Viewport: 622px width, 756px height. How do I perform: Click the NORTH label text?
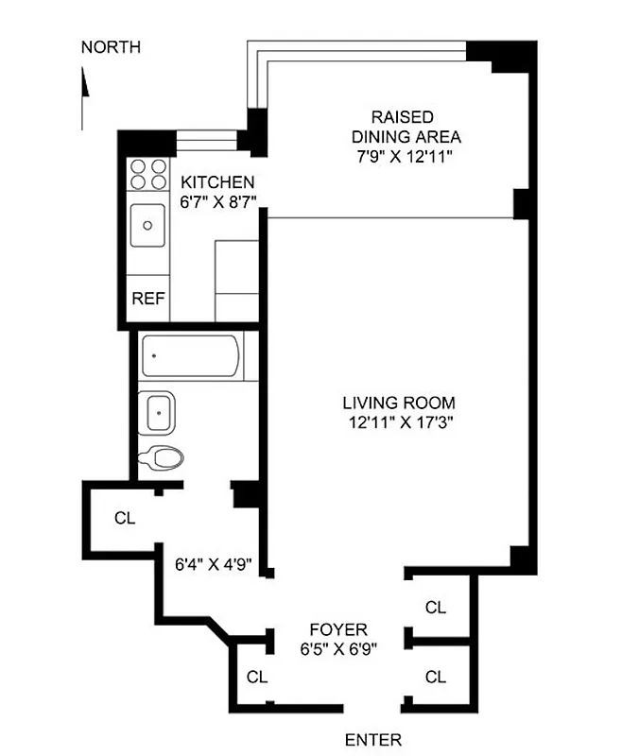[111, 47]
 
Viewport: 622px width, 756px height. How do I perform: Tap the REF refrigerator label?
[147, 299]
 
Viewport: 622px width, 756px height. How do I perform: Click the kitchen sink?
[148, 225]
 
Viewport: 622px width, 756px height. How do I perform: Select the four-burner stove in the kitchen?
[147, 176]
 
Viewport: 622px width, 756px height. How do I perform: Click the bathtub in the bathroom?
[192, 356]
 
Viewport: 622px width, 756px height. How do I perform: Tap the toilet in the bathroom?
[161, 458]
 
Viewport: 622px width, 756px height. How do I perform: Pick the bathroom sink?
[157, 412]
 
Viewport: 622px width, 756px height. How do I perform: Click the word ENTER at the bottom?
[372, 740]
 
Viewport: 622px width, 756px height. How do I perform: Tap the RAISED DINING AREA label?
[403, 127]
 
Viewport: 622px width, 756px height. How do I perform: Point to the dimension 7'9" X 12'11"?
[403, 156]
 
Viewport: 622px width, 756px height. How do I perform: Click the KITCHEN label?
[217, 182]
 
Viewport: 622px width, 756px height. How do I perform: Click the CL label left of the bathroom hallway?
[124, 517]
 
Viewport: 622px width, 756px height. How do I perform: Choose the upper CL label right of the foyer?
[435, 608]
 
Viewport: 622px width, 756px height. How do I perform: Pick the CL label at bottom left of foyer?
[256, 677]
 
